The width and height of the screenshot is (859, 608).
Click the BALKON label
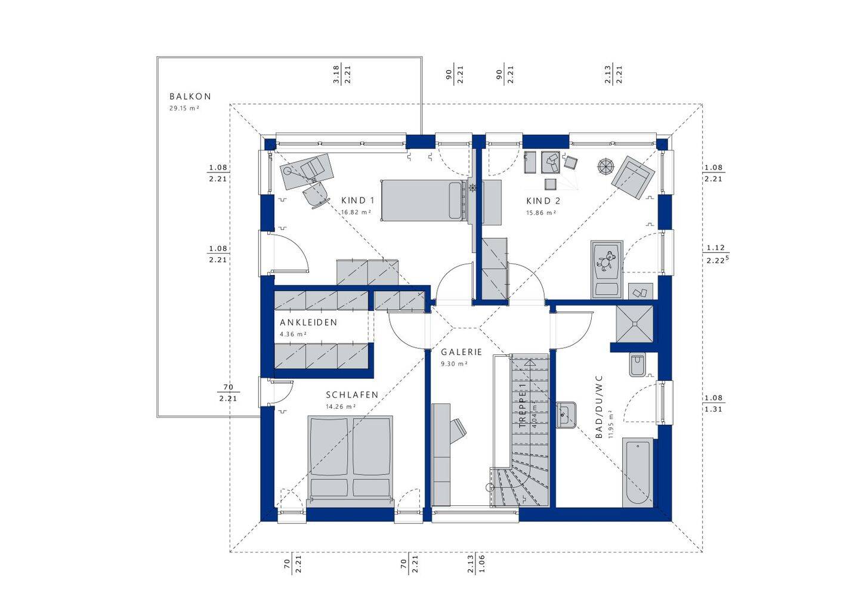coord(190,96)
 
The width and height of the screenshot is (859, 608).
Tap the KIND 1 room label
coord(358,200)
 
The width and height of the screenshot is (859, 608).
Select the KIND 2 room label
coord(543,200)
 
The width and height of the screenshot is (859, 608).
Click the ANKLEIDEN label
coord(308,322)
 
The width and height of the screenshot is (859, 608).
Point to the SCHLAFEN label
coord(352,395)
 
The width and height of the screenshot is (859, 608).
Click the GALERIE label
coord(461,352)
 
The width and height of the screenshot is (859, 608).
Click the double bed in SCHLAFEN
coord(350,457)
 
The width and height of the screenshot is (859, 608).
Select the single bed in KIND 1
coord(422,199)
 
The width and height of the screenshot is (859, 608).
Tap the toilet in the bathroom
coord(637,365)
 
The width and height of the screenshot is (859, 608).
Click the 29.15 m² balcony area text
coord(184,109)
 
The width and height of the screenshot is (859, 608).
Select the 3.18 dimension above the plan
coord(336,75)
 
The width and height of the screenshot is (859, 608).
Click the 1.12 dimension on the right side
coord(715,248)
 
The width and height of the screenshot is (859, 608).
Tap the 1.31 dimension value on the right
coord(713,409)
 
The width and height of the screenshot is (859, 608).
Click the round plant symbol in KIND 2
coord(605,166)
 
